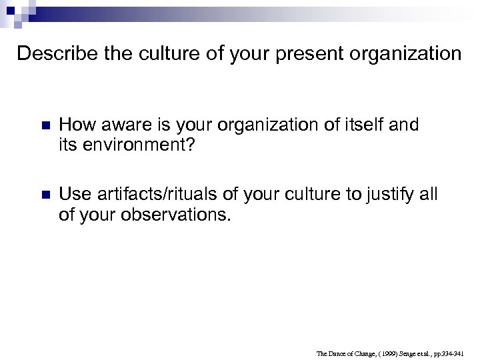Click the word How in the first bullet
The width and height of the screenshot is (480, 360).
point(74,125)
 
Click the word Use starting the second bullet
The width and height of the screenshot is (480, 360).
point(74,195)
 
